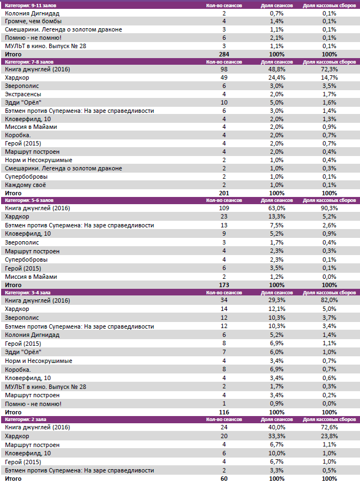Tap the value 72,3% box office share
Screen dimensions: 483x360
coord(329,69)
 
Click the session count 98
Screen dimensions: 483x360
coord(224,69)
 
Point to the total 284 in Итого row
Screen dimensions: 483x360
coord(224,54)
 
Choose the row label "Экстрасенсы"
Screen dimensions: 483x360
coord(23,94)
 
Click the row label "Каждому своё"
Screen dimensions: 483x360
coord(26,184)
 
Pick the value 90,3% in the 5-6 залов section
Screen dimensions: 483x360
coord(329,208)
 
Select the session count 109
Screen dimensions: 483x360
coord(224,208)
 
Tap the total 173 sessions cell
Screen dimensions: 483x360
coord(224,285)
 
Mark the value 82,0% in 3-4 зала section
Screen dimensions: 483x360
coord(329,300)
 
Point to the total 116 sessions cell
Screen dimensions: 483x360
coord(224,412)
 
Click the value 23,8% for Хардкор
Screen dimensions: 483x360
coord(329,436)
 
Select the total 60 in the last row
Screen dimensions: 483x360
coord(224,479)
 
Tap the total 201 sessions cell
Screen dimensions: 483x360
coord(224,193)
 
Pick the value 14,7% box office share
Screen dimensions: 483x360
coord(329,77)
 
